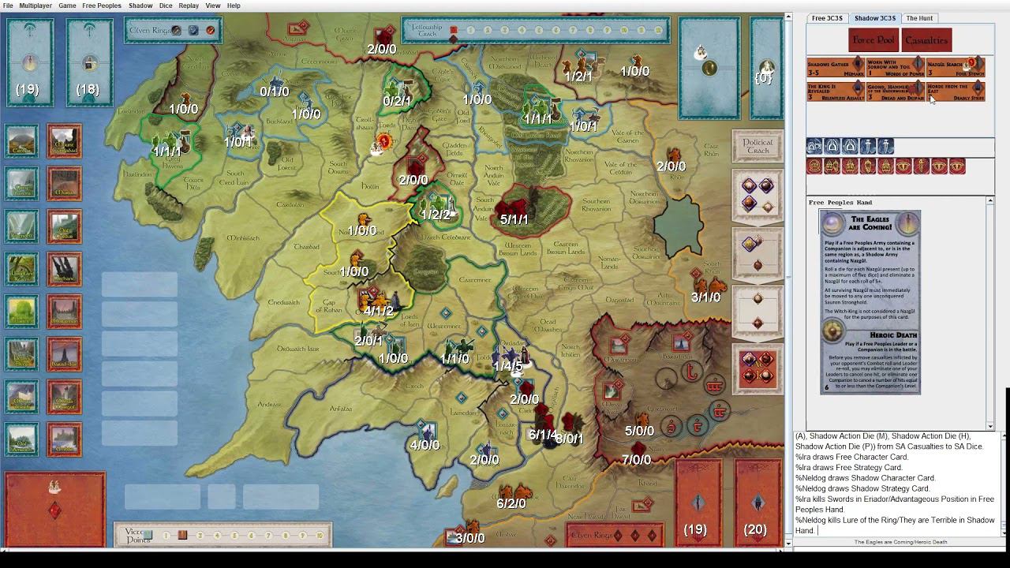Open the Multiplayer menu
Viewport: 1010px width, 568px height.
36,6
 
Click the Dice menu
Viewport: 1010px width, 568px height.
166,6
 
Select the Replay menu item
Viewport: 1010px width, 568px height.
189,6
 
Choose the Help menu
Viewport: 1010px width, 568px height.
234,6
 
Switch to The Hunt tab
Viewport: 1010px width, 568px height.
919,18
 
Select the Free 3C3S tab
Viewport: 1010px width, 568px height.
827,18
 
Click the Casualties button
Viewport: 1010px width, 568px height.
926,40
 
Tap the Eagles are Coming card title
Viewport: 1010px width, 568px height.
870,224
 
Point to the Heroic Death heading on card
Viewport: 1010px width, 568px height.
870,334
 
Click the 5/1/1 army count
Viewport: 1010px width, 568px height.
514,220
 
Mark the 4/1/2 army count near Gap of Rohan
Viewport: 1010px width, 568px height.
379,312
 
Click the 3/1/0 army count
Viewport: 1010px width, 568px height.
705,297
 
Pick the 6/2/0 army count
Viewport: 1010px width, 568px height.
511,503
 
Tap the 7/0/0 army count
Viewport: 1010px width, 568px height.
636,460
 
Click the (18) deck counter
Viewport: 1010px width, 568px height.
88,89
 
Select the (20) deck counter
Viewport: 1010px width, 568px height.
755,529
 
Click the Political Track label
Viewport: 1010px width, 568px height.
757,147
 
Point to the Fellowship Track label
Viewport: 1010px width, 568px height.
425,31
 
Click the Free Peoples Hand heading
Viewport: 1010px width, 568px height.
840,203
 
